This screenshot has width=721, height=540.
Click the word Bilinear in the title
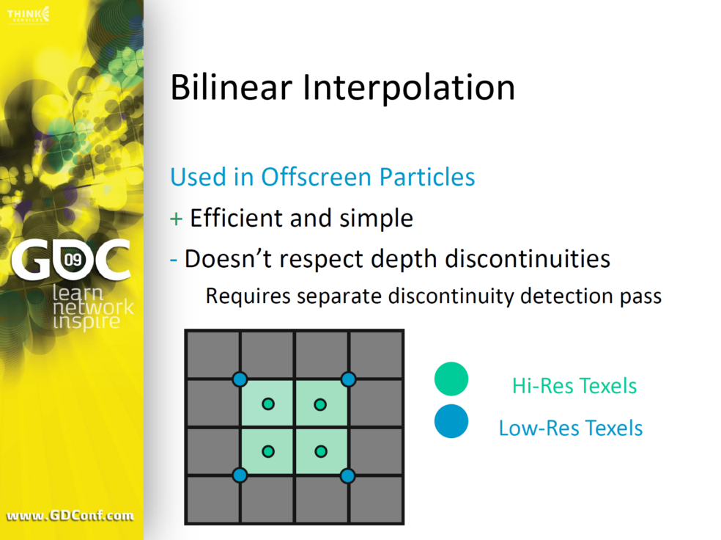pyautogui.click(x=232, y=87)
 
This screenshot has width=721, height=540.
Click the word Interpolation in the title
pyautogui.click(x=409, y=88)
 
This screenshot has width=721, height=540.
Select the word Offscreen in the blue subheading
pyautogui.click(x=317, y=176)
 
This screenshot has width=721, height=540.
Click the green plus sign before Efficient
pyautogui.click(x=176, y=219)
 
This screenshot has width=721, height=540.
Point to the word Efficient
pyautogui.click(x=237, y=218)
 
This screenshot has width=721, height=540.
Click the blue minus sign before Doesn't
pyautogui.click(x=174, y=260)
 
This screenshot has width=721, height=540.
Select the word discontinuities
pyautogui.click(x=528, y=258)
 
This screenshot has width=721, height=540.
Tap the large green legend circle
pyautogui.click(x=451, y=379)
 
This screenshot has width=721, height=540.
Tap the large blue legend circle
pyautogui.click(x=451, y=421)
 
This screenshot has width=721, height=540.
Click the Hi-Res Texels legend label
pyautogui.click(x=574, y=386)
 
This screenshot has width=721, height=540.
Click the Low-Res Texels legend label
pyautogui.click(x=571, y=428)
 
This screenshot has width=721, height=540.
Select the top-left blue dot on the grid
pyautogui.click(x=240, y=379)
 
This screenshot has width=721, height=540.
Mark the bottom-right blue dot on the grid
pyautogui.click(x=347, y=475)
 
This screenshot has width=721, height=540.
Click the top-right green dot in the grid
pyautogui.click(x=320, y=405)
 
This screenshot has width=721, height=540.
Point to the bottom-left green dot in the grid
pyautogui.click(x=268, y=451)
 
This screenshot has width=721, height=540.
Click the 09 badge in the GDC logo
pyautogui.click(x=73, y=260)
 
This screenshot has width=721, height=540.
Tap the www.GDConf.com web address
pyautogui.click(x=70, y=515)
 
